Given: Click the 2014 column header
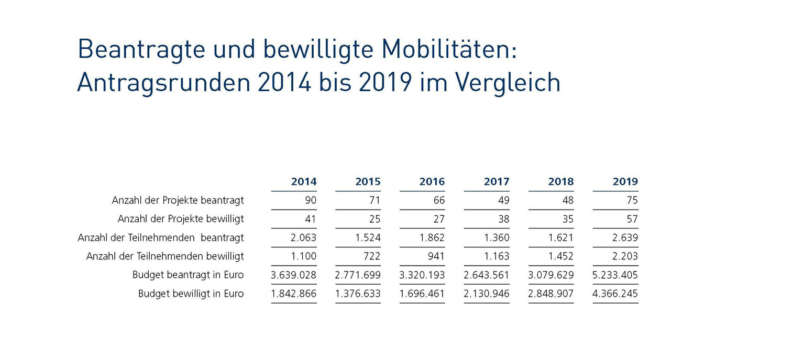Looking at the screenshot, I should click(x=304, y=182).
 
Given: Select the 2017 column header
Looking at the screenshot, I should click(x=497, y=182).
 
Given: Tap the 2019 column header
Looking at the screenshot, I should click(x=625, y=182).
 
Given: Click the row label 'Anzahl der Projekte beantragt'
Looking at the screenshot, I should click(x=178, y=200).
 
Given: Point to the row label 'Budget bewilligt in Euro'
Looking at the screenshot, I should click(x=191, y=293).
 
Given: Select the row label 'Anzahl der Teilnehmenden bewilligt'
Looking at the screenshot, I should click(x=165, y=256).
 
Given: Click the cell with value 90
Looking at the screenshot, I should click(x=311, y=200).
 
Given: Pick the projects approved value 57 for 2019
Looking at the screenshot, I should click(x=632, y=219).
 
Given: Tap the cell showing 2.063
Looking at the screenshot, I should click(x=303, y=238).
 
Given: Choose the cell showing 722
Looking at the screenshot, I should click(x=371, y=256).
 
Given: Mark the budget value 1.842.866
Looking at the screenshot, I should click(x=294, y=293).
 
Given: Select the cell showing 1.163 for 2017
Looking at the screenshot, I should click(x=496, y=256).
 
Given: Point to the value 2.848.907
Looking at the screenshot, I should click(x=551, y=293).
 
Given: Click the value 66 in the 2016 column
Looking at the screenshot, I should click(x=438, y=200).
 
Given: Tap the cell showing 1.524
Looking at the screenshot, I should click(x=368, y=238).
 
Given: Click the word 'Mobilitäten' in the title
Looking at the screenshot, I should click(x=449, y=50).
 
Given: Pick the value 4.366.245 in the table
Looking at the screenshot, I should click(x=615, y=293).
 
